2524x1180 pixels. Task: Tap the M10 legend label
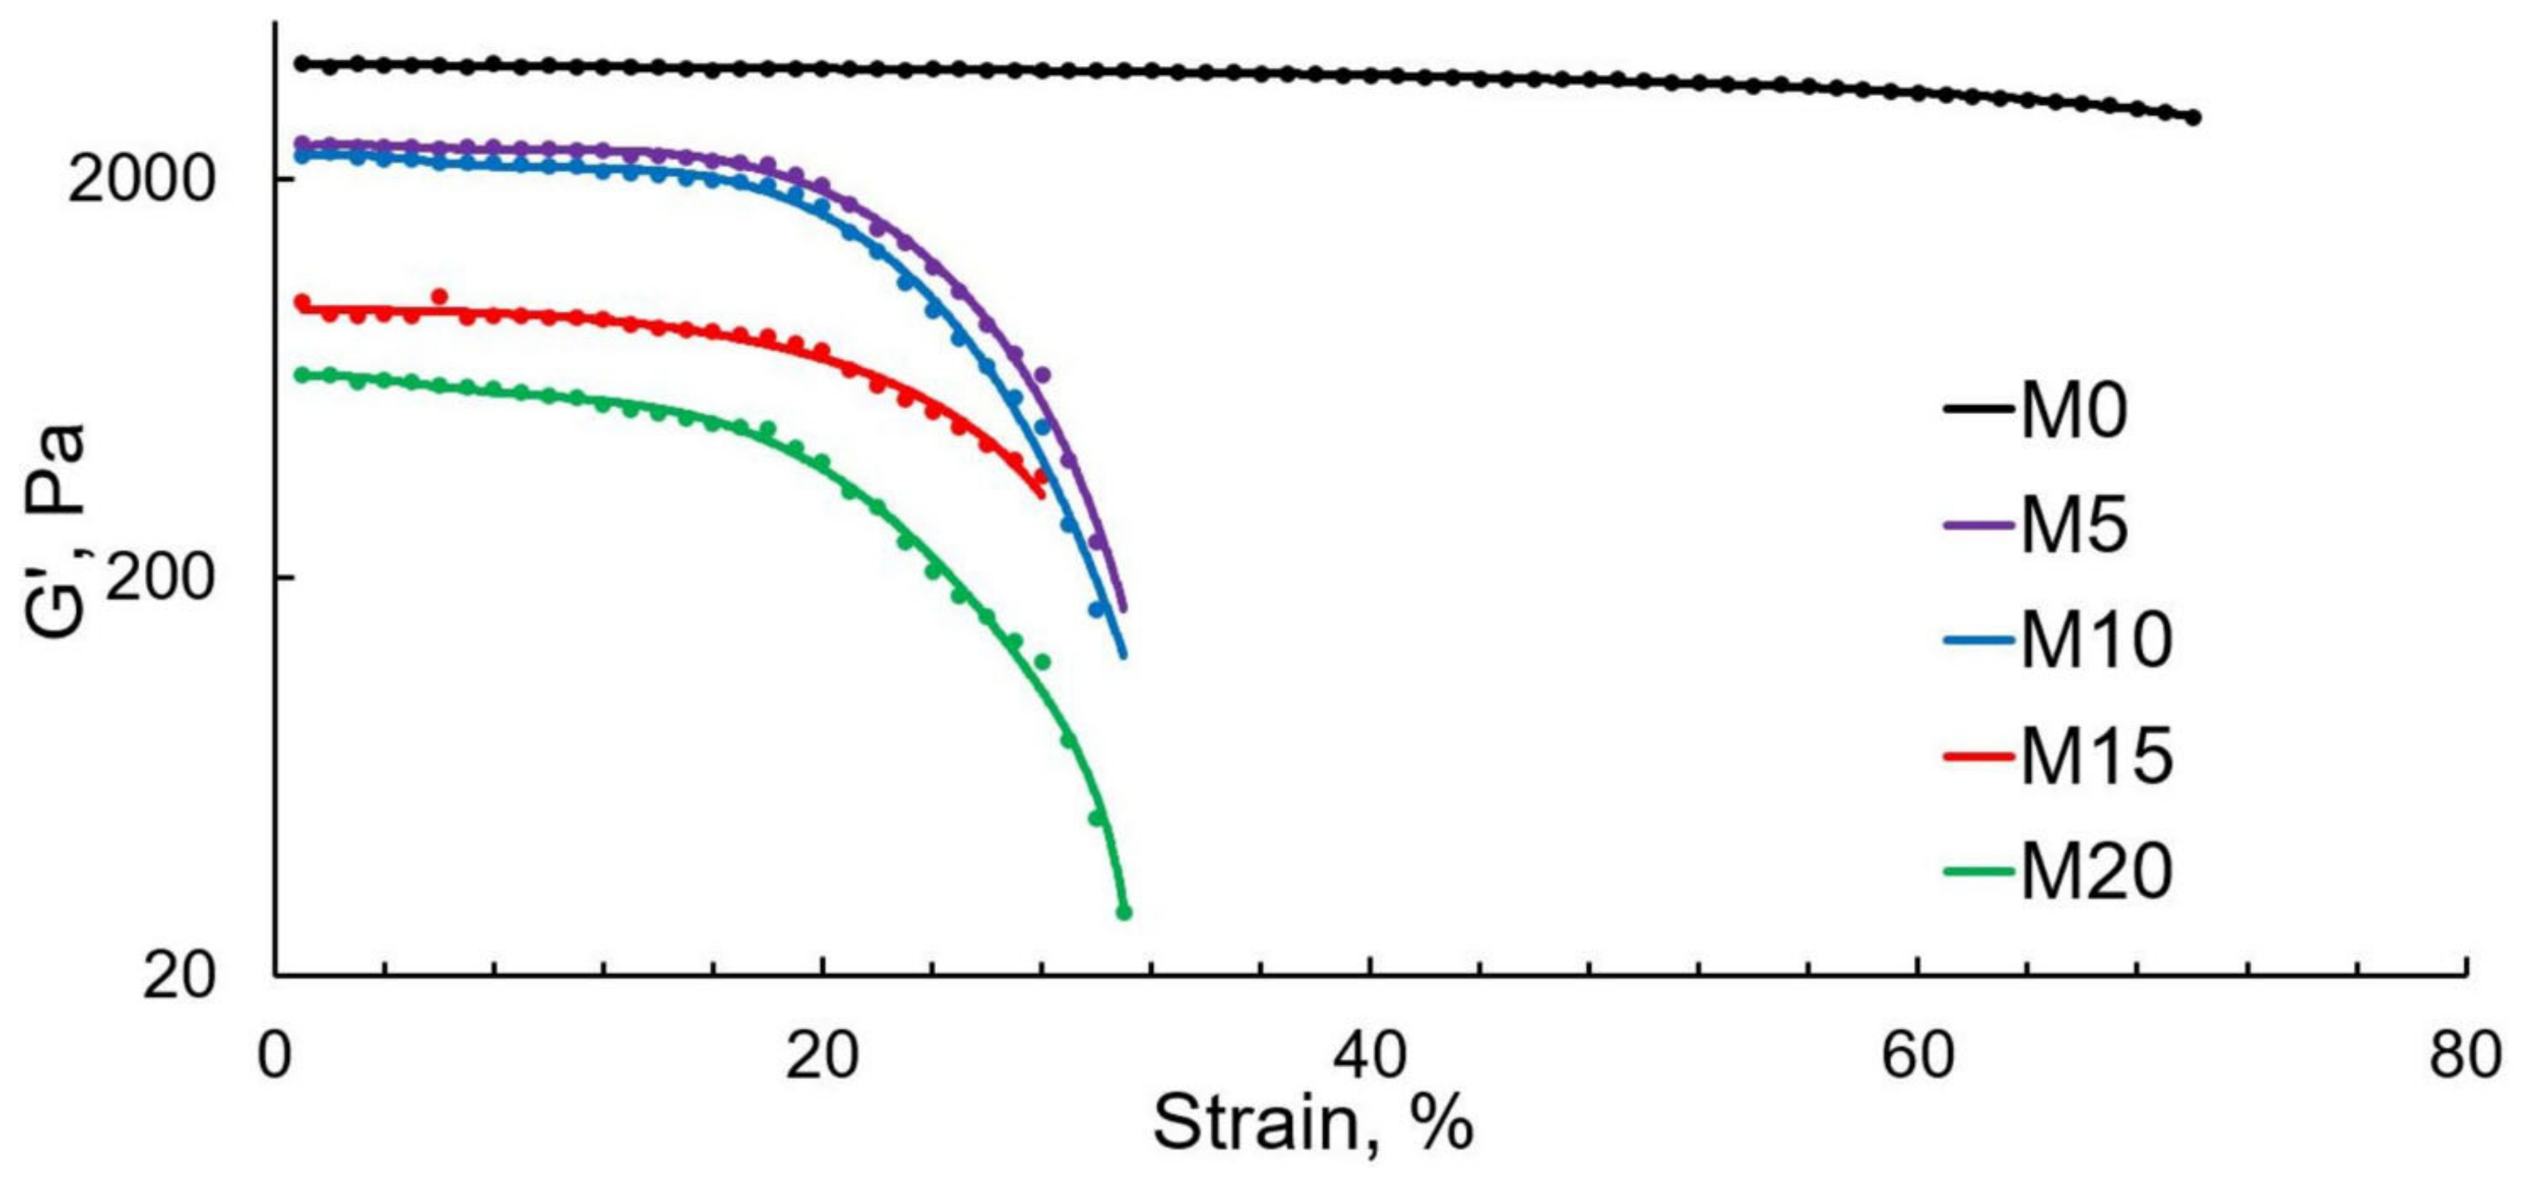point(2097,640)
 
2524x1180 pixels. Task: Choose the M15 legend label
point(2097,756)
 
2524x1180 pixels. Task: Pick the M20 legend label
point(2097,871)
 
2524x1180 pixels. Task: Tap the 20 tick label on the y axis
point(177,977)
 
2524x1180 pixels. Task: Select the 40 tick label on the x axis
point(1370,1057)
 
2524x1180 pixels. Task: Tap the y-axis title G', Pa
point(56,534)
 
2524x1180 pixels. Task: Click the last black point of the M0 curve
point(2194,117)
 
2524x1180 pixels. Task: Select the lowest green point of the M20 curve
point(1124,913)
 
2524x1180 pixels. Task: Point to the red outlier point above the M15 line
point(439,296)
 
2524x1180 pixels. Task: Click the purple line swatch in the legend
point(1979,525)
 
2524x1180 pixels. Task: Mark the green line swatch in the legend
point(1979,871)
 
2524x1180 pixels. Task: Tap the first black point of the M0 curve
point(302,64)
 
